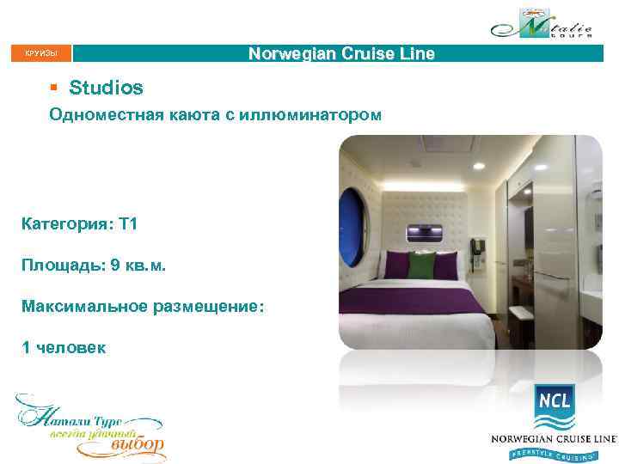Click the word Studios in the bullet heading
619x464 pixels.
(107, 88)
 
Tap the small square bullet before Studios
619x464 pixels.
(53, 89)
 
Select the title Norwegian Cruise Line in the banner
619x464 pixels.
(341, 53)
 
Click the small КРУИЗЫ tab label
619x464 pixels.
(41, 54)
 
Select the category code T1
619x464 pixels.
(128, 224)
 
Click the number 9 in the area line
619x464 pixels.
(116, 266)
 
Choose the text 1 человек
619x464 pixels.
(64, 347)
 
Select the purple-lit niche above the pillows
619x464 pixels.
(423, 230)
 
